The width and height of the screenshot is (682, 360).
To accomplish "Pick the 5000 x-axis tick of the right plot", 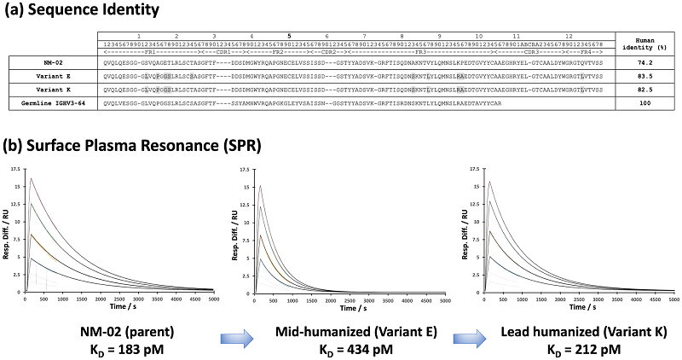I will click(673, 299).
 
